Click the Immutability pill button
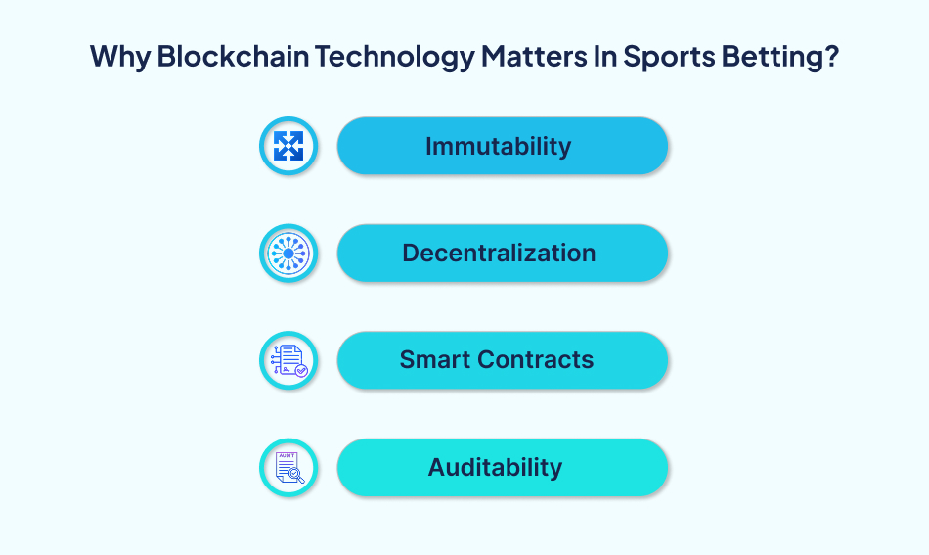tap(503, 146)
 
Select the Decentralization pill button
tap(503, 253)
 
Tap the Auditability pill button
tap(503, 467)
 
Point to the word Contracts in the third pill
tap(539, 359)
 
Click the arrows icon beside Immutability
tap(288, 146)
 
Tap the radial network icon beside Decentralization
tap(288, 253)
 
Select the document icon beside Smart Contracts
tap(288, 359)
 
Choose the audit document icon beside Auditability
tap(288, 467)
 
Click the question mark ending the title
tap(830, 56)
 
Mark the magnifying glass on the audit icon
tap(295, 475)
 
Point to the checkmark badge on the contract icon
tap(300, 370)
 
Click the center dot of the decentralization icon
tap(288, 253)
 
